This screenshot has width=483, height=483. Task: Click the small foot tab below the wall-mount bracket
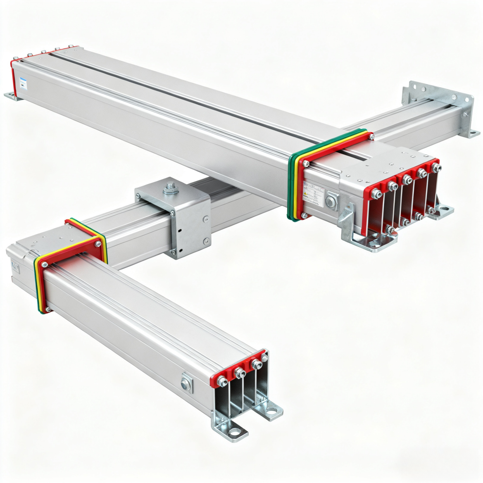pyautogui.click(x=474, y=134)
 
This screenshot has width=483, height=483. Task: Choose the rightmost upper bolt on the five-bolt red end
pyautogui.click(x=437, y=168)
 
